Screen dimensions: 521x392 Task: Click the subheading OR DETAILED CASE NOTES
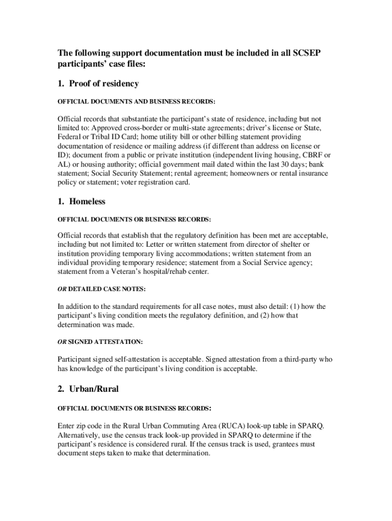tap(101, 289)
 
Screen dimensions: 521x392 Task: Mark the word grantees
tap(278, 444)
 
